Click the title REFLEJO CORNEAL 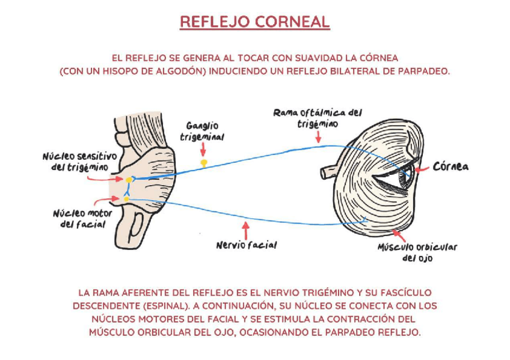[254, 22]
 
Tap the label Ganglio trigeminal [202, 132]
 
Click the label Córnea [450, 166]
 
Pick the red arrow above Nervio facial [244, 229]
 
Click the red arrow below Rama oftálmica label [318, 137]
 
